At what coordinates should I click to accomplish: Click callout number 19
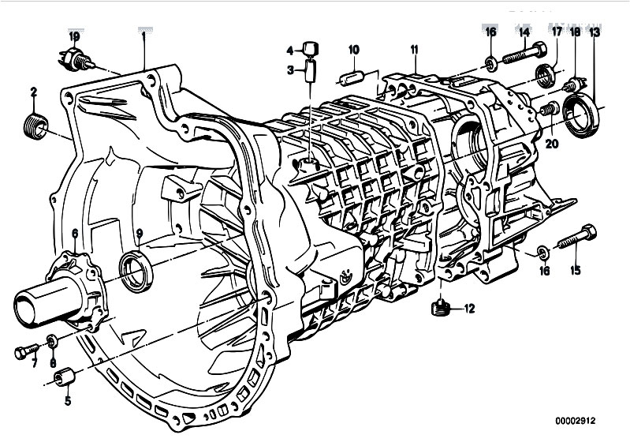click(74, 36)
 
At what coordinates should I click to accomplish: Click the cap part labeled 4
click(311, 48)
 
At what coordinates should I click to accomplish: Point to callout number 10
click(353, 50)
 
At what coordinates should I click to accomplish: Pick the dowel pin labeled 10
click(352, 77)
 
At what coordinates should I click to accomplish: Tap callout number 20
click(552, 144)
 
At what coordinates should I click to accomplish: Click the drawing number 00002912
click(576, 421)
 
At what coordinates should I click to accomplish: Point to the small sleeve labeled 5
click(65, 377)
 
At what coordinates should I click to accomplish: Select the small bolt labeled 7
click(27, 351)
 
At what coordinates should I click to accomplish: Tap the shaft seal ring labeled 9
click(136, 270)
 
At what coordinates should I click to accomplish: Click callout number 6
click(75, 234)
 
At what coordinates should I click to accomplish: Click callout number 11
click(414, 50)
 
